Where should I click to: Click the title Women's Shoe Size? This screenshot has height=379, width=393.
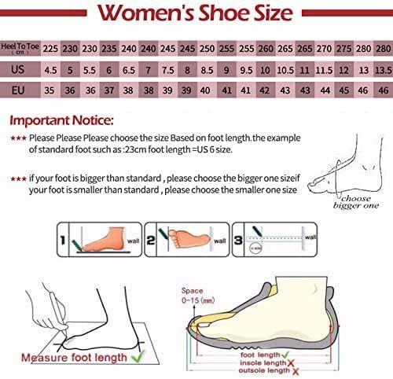196,14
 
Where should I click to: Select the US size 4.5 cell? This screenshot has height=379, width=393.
50,70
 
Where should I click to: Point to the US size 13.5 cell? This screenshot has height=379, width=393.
382,70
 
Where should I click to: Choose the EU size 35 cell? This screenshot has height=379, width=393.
50,90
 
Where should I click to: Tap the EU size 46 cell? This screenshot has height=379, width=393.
382,90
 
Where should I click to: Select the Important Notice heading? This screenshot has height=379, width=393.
62,122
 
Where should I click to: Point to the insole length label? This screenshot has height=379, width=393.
265,363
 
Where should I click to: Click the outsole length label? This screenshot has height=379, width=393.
265,372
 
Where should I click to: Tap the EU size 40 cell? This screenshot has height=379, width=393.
207,90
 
